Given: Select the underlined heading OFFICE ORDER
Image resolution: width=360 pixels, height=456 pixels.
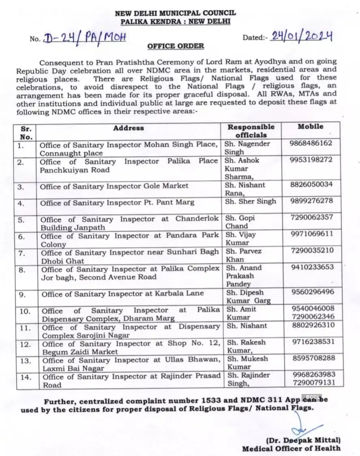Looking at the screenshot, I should [176, 46].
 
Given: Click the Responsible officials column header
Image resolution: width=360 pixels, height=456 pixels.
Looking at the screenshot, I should [251, 131].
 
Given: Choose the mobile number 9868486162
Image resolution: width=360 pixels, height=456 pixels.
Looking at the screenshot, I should [311, 143].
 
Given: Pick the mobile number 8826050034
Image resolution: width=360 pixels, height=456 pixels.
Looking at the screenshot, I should [311, 184].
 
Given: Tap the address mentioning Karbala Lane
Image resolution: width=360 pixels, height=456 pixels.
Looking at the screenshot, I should [122, 293].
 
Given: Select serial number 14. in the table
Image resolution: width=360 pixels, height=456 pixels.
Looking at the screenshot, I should [25, 377].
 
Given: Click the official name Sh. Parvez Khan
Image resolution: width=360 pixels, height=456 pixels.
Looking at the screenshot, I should [243, 255].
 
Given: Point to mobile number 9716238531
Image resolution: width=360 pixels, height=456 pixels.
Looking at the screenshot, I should [312, 342].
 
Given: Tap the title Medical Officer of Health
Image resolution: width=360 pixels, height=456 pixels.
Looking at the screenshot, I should [291, 448].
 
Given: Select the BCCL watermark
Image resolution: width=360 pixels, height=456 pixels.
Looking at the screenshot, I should [313, 397].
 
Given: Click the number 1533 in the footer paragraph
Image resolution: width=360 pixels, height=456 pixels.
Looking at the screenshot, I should [210, 400].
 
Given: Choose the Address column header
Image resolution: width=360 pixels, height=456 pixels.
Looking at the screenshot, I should [129, 128].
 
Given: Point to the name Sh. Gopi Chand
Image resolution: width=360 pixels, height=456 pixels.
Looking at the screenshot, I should [241, 222].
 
